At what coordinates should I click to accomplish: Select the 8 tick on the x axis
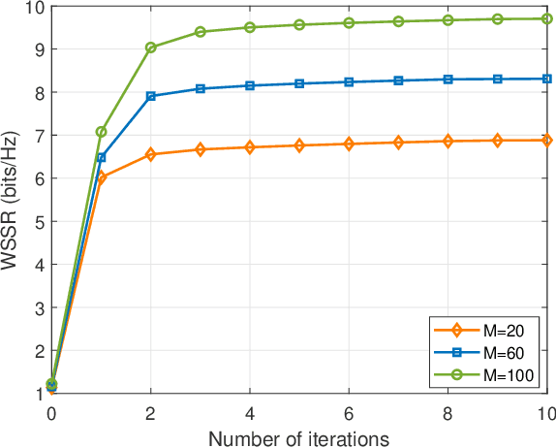[x=448, y=413]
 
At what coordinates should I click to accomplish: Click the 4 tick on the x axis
[x=249, y=413]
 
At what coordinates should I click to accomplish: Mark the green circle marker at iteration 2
[x=150, y=47]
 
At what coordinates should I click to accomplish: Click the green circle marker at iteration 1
[x=101, y=131]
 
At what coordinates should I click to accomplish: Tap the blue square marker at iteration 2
[x=150, y=96]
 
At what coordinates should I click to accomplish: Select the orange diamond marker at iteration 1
[x=101, y=176]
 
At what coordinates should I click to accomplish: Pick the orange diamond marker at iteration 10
[x=547, y=141]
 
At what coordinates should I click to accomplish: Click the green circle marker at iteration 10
[x=547, y=18]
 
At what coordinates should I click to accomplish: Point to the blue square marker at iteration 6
[x=349, y=81]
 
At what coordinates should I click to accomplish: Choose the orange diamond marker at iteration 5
[x=299, y=145]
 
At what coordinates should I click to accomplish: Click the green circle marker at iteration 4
[x=250, y=27]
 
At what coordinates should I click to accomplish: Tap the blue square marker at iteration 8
[x=448, y=79]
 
